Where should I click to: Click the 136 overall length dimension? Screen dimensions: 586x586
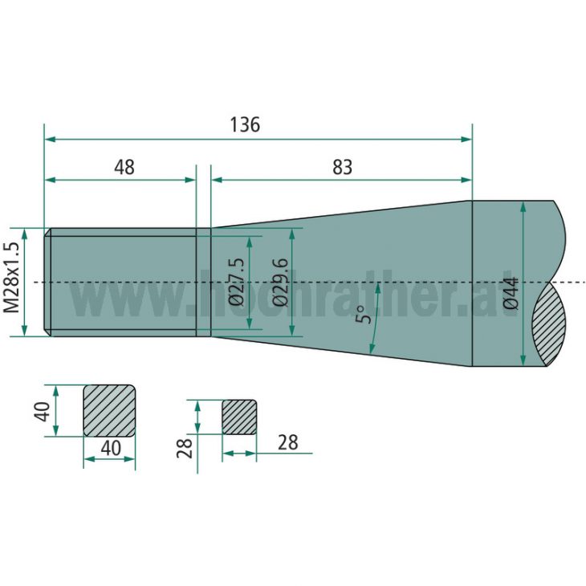(x=245, y=125)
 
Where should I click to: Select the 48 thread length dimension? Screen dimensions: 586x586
(x=124, y=167)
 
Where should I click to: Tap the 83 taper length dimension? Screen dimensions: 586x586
(x=342, y=167)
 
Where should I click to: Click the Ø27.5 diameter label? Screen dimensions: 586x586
(x=237, y=282)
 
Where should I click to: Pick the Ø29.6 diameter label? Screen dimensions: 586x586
(x=280, y=282)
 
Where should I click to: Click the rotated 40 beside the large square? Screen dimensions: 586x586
(x=43, y=410)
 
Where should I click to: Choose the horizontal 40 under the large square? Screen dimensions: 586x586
(x=110, y=448)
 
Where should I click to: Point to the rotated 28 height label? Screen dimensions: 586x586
(x=184, y=448)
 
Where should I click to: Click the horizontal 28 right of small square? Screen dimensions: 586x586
(x=287, y=442)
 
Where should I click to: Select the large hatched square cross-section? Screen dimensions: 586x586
(x=109, y=410)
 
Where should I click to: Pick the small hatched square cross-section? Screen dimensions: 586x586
(x=239, y=417)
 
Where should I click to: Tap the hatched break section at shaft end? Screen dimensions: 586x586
(x=551, y=325)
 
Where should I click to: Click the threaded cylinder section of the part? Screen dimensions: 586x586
(x=120, y=282)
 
